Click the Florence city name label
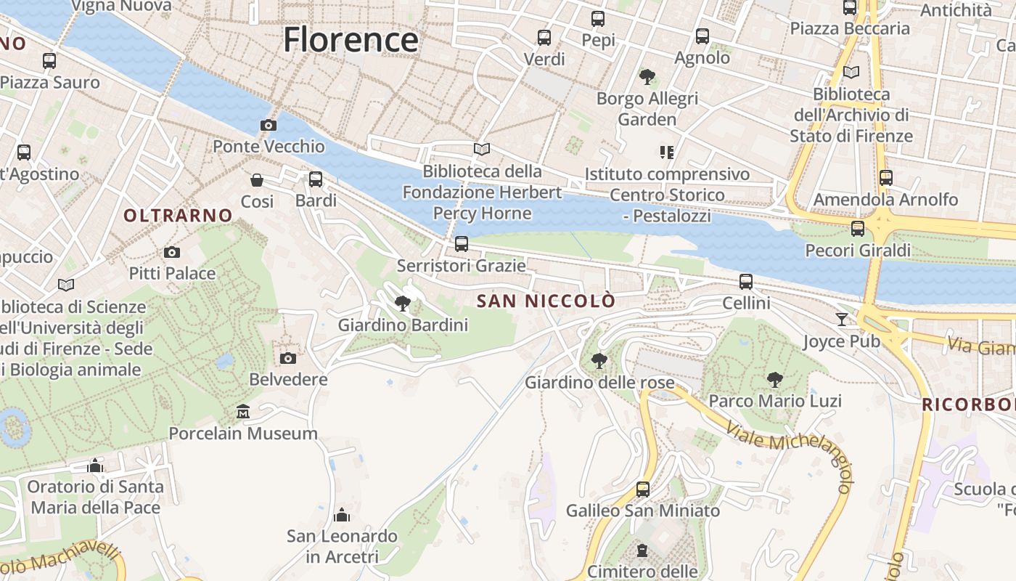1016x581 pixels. point(351,39)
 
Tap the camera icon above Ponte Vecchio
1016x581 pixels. point(269,125)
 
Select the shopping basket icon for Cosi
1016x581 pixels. point(257,179)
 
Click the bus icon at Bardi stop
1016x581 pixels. point(316,179)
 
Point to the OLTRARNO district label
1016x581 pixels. point(178,215)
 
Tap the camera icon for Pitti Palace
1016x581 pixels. point(172,252)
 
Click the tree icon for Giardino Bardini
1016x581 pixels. point(403,304)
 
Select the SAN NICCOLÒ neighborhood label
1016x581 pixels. point(546,301)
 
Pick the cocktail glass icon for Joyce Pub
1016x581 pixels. point(841,320)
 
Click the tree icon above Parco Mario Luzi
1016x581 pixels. point(775,379)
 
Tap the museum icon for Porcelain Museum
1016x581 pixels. point(243,412)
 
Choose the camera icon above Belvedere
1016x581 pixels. point(288,358)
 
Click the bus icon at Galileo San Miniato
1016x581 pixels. point(643,489)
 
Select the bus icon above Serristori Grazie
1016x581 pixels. point(462,244)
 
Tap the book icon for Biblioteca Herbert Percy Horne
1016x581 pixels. point(482,149)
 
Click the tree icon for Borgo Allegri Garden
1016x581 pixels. point(647,76)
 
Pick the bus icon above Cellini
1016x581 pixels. point(746,282)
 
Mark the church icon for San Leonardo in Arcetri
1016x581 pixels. point(342,515)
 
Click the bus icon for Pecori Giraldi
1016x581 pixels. point(858,229)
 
